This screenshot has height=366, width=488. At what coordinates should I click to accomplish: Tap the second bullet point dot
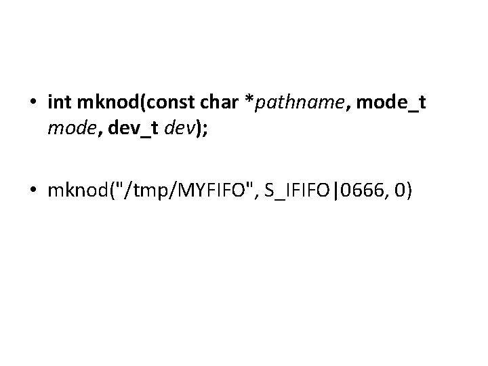point(34,192)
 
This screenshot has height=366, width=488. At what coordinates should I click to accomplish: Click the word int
point(60,104)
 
